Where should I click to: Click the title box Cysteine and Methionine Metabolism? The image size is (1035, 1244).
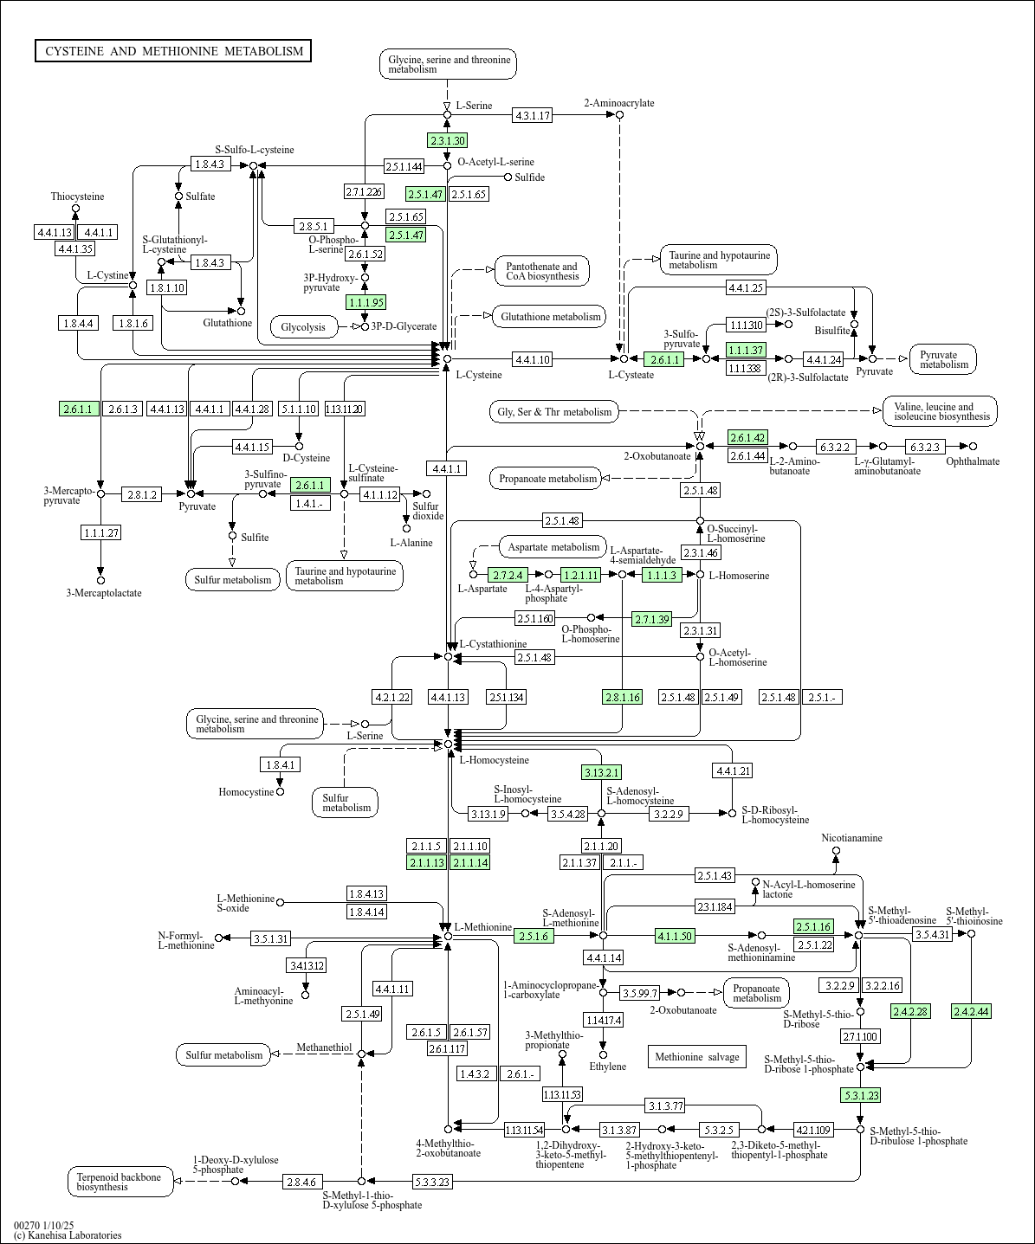(x=173, y=51)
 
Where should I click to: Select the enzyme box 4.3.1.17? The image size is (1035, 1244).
(x=532, y=115)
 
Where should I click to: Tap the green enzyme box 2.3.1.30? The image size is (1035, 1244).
(x=447, y=140)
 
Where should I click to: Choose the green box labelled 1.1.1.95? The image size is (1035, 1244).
(x=365, y=302)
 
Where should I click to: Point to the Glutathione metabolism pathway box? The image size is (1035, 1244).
(x=550, y=317)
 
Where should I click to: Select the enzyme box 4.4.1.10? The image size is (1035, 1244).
(x=532, y=358)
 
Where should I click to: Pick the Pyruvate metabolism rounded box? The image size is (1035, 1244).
(x=943, y=359)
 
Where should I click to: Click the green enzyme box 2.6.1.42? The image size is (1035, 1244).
(x=747, y=437)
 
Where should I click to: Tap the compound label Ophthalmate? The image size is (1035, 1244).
(x=973, y=461)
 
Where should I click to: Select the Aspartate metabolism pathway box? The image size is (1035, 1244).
(x=553, y=547)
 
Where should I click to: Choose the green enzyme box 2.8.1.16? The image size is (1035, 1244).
(x=622, y=697)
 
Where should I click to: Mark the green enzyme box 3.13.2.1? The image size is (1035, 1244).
(x=601, y=772)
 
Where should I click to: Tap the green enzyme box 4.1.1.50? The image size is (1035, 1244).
(x=675, y=935)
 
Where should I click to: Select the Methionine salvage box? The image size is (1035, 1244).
(x=696, y=1056)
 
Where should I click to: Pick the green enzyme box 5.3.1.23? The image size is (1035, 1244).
(x=860, y=1095)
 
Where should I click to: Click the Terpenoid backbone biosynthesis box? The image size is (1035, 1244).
(x=120, y=1182)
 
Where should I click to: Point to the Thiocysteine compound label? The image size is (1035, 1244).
(x=77, y=197)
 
